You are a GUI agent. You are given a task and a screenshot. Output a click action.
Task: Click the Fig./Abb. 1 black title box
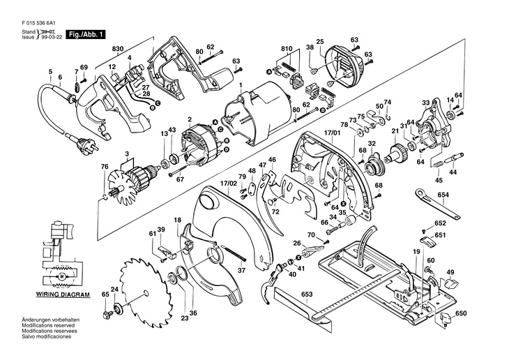86,34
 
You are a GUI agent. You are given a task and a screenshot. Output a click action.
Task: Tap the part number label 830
118,49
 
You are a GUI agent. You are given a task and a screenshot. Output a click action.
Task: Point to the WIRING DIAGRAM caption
63,295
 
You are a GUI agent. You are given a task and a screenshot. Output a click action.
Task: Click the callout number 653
307,294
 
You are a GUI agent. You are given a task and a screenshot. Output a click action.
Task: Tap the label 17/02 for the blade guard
229,183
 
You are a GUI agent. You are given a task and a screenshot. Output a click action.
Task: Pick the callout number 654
443,195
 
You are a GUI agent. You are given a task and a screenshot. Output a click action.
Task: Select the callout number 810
287,49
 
